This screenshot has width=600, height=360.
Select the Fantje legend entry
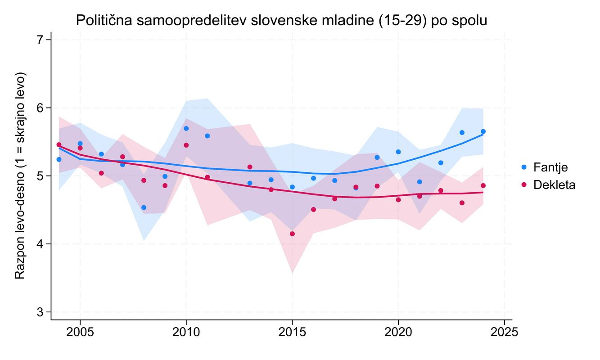[550, 167]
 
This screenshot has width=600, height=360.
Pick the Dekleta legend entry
[554, 184]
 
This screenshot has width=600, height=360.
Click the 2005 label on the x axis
[80, 332]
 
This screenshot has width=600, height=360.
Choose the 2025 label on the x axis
[505, 332]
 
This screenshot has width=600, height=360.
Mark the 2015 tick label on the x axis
[292, 332]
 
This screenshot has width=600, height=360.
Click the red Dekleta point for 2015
[292, 234]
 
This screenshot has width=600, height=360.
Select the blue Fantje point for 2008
[144, 207]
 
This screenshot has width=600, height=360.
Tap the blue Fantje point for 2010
[186, 128]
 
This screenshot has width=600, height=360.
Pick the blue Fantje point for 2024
[483, 131]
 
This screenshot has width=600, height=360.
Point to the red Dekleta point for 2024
[483, 185]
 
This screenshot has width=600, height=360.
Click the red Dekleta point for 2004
[59, 144]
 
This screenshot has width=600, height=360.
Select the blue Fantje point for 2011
[207, 135]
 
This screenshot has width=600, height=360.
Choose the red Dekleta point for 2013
[250, 167]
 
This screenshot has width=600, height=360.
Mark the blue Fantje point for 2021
[420, 182]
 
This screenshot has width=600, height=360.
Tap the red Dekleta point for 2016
[313, 209]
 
